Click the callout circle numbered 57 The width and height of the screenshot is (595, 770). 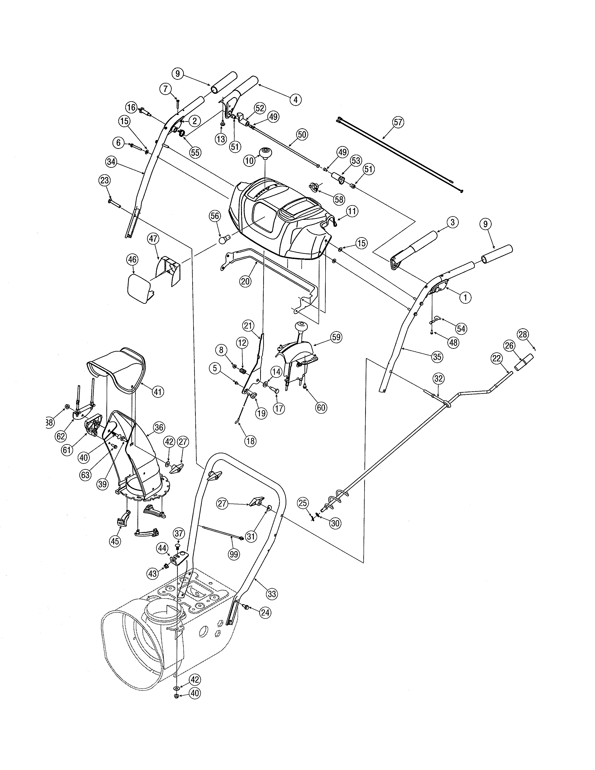[398, 123]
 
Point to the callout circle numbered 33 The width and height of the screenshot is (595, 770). [272, 594]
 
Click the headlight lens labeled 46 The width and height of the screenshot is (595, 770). [139, 289]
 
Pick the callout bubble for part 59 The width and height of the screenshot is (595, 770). [336, 337]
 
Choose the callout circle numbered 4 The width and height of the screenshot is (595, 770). [295, 100]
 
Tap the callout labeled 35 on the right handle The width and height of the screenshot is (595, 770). [437, 357]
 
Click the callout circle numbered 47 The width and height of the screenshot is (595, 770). [153, 239]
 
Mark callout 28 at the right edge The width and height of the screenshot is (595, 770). [523, 334]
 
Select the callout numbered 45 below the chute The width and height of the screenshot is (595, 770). [115, 541]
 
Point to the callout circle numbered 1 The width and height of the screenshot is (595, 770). [465, 297]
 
